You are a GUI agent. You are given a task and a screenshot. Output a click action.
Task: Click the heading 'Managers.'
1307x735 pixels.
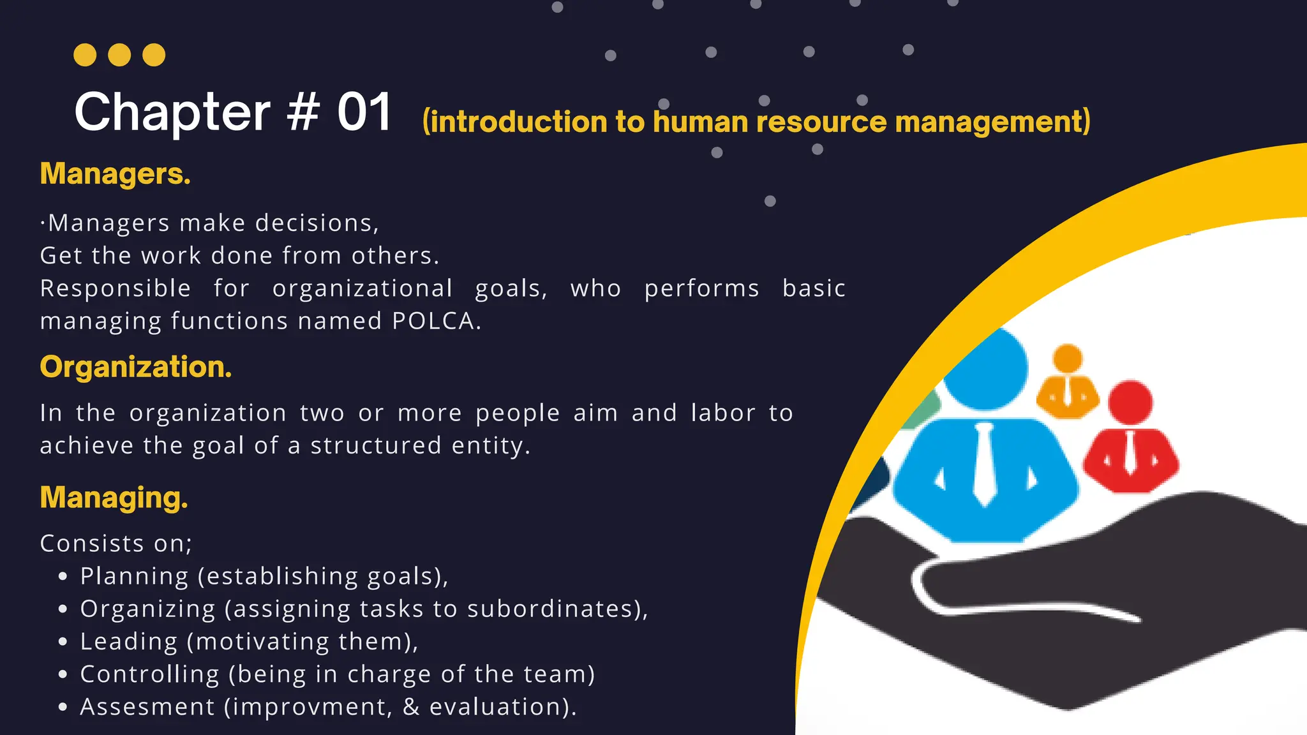click(116, 174)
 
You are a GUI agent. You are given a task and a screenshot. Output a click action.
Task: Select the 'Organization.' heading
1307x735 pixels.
click(136, 367)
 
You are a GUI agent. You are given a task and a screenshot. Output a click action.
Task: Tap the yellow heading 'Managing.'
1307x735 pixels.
click(114, 498)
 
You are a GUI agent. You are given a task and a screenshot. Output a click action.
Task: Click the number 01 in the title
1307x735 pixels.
click(364, 112)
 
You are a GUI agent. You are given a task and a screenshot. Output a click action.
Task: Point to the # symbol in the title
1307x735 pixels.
click(302, 112)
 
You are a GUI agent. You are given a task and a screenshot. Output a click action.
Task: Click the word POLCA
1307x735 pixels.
click(433, 321)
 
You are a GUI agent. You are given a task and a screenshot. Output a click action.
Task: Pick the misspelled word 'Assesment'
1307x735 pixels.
click(147, 707)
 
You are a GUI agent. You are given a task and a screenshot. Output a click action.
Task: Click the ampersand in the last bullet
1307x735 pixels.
click(411, 707)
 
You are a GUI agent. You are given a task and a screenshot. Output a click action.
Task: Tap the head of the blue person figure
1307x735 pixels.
click(987, 369)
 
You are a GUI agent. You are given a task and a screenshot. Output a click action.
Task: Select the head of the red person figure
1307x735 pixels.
click(1130, 403)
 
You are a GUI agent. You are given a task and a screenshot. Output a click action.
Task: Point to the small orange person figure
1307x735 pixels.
click(1068, 383)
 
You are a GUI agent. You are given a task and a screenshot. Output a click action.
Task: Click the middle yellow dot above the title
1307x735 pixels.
click(119, 55)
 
